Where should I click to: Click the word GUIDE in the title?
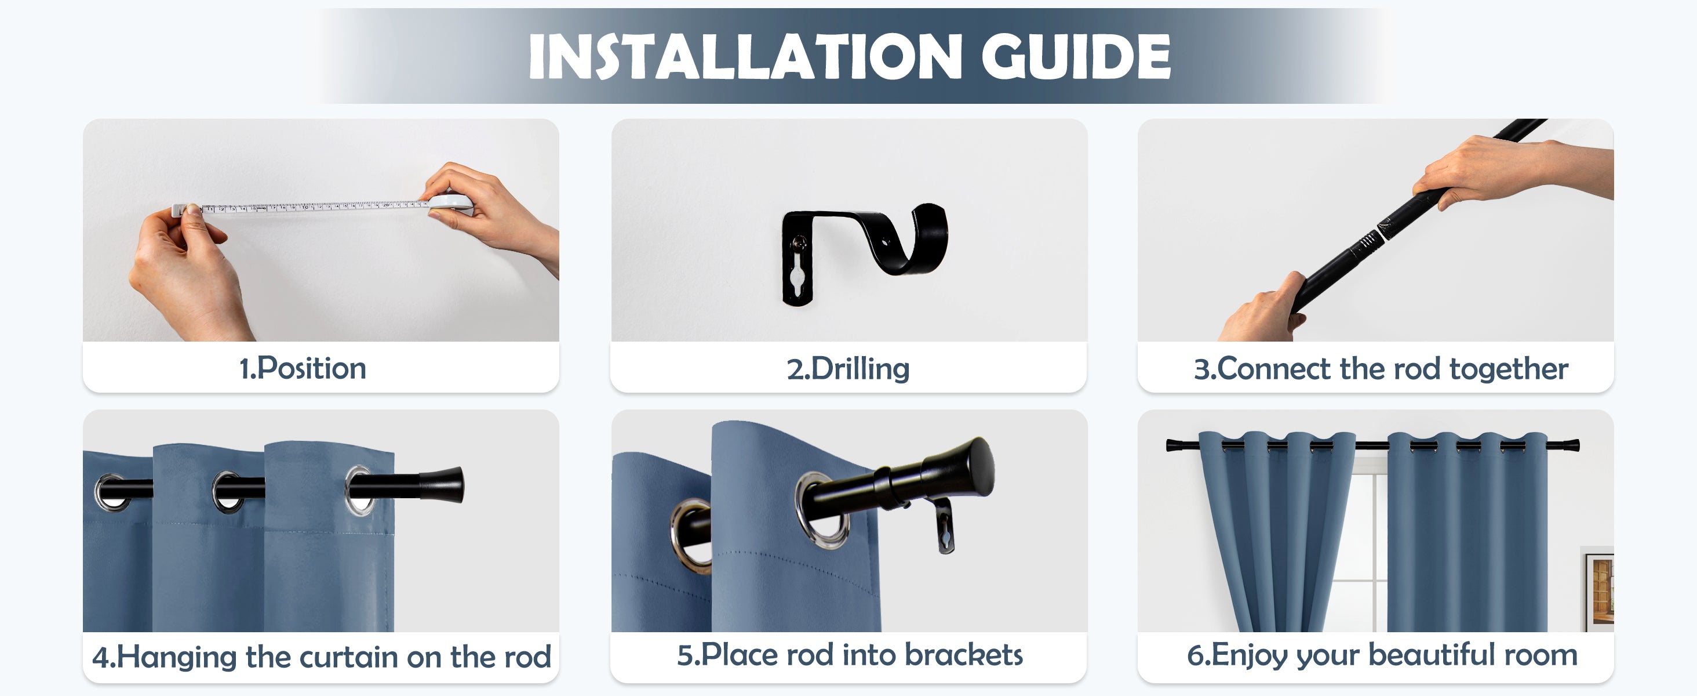pyautogui.click(x=1075, y=57)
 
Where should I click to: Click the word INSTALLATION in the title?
pyautogui.click(x=745, y=57)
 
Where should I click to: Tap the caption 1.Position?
pyautogui.click(x=303, y=368)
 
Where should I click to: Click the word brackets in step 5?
pyautogui.click(x=963, y=655)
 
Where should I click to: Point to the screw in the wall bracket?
pyautogui.click(x=799, y=243)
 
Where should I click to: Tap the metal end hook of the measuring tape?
pyautogui.click(x=178, y=210)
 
